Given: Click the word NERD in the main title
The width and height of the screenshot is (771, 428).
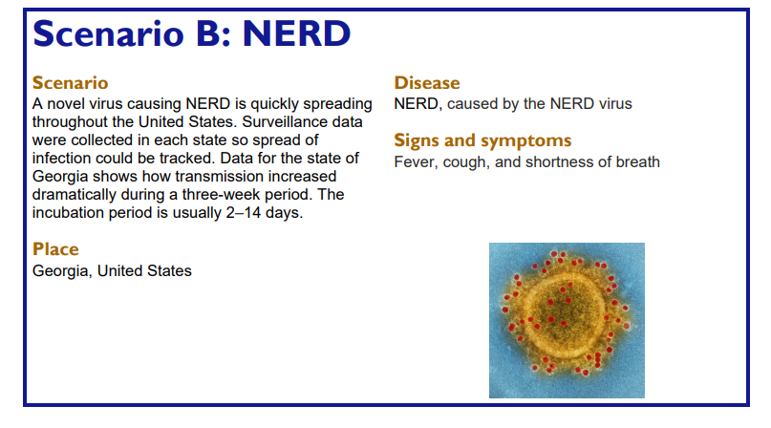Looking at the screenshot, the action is coord(296,33).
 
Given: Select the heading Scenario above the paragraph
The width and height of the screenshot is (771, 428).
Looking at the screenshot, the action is coord(71,83).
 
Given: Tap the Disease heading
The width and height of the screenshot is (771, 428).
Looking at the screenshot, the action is coord(427,83).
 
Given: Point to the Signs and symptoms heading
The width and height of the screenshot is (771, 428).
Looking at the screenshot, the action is coord(482,141).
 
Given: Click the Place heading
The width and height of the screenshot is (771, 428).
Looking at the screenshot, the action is coord(55,249).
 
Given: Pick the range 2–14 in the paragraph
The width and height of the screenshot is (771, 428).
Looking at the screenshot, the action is coord(244,212).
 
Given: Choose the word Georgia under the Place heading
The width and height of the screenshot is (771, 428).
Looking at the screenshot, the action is coord(62,271).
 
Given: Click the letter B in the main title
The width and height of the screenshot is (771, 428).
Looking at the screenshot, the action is coord(207,33).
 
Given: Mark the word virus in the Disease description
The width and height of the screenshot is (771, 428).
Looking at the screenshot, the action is coord(614,104).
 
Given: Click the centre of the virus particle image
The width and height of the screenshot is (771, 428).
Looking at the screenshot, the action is coord(567,320).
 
